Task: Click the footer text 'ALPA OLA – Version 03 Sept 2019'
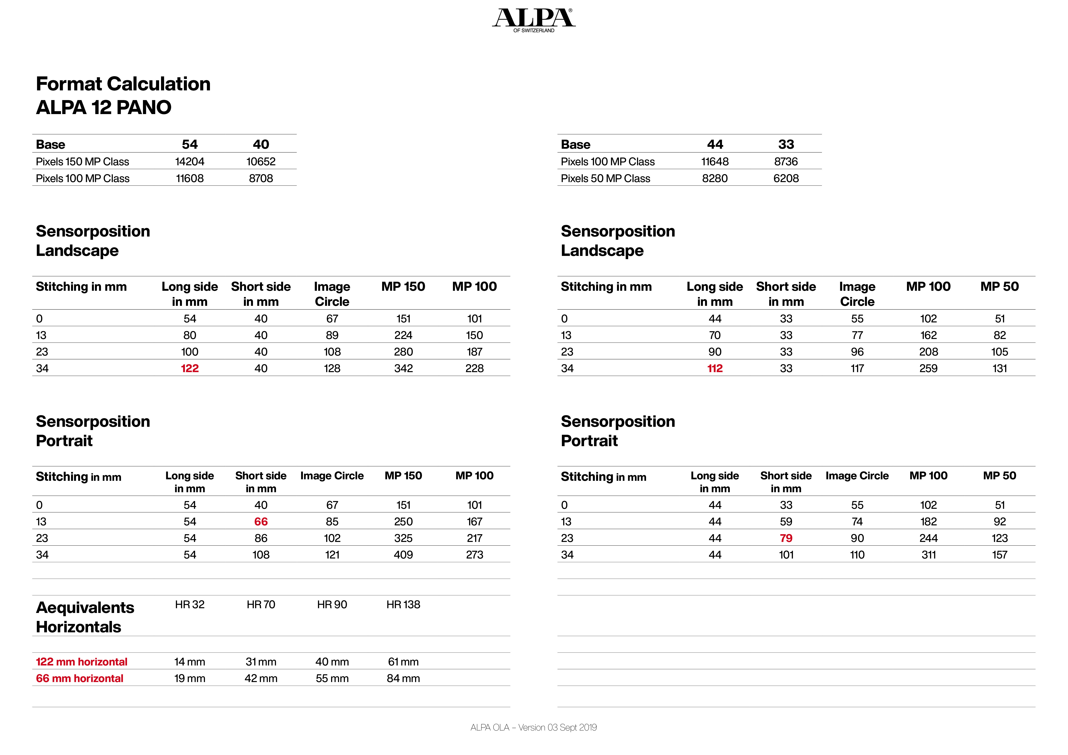(533, 728)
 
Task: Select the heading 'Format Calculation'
(123, 84)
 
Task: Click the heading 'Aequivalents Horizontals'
(85, 617)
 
